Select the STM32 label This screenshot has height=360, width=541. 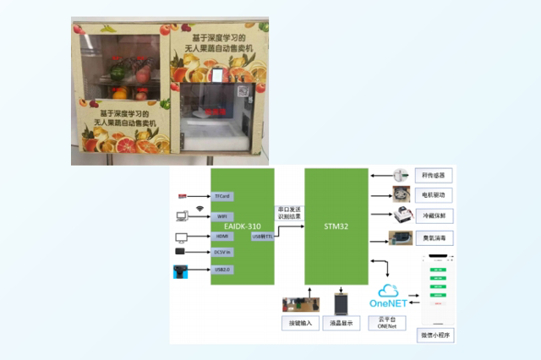(x=336, y=226)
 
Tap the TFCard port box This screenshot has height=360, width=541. (x=223, y=196)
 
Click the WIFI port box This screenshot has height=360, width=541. (x=223, y=216)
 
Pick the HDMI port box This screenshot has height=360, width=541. (x=223, y=236)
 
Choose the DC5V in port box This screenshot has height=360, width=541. (x=224, y=252)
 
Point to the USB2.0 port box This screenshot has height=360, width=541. (x=223, y=270)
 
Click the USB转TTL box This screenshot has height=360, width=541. (x=263, y=237)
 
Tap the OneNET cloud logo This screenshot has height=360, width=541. (x=389, y=295)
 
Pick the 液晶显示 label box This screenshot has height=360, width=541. (x=341, y=324)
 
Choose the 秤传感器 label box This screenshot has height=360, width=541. (x=436, y=176)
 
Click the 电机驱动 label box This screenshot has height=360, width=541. (x=436, y=196)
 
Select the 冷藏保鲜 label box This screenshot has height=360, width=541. (x=436, y=216)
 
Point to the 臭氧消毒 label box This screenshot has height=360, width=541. (x=436, y=238)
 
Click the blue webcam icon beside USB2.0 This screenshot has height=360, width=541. (x=181, y=272)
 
